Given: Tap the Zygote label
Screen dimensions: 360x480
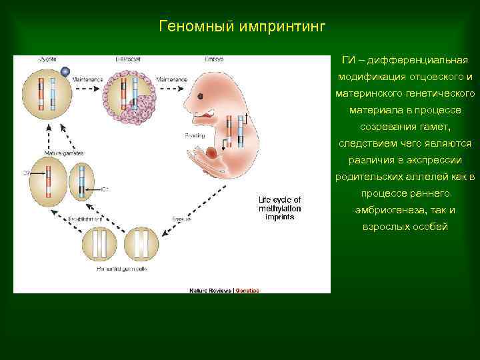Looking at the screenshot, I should (x=45, y=59).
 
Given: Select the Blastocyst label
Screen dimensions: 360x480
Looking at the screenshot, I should (x=128, y=59).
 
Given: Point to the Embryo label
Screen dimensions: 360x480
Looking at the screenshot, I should (x=214, y=59).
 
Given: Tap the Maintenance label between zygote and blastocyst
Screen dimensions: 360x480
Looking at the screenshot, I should (x=85, y=79).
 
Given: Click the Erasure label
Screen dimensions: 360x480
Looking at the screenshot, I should (x=181, y=218).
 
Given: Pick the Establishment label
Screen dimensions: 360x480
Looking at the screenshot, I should (x=86, y=218).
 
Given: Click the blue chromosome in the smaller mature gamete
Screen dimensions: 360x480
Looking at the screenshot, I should (x=81, y=179).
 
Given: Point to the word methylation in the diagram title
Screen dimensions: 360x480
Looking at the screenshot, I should (x=280, y=209).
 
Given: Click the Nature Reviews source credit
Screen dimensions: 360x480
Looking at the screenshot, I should (x=210, y=291).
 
